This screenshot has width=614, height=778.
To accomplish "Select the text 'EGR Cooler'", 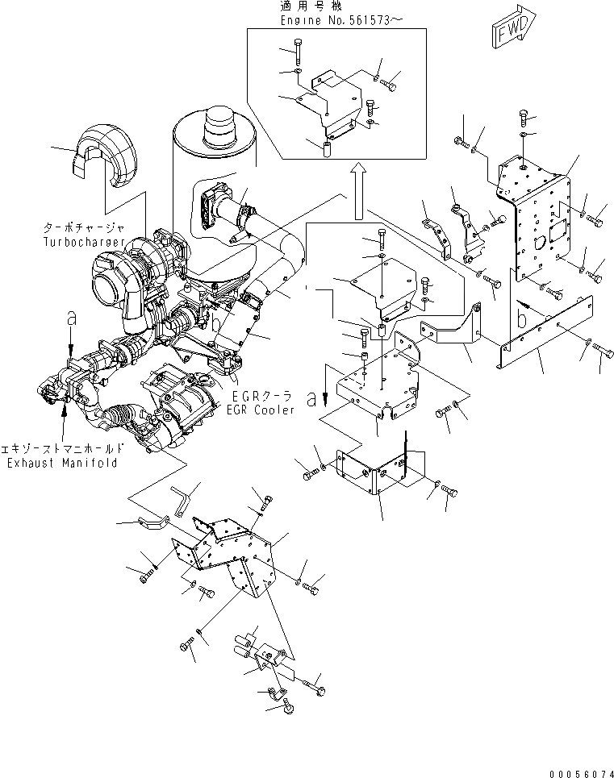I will pyautogui.click(x=262, y=410).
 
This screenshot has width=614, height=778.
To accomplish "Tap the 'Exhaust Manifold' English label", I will pyautogui.click(x=62, y=463).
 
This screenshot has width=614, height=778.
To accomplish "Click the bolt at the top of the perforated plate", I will pyautogui.click(x=524, y=119).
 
